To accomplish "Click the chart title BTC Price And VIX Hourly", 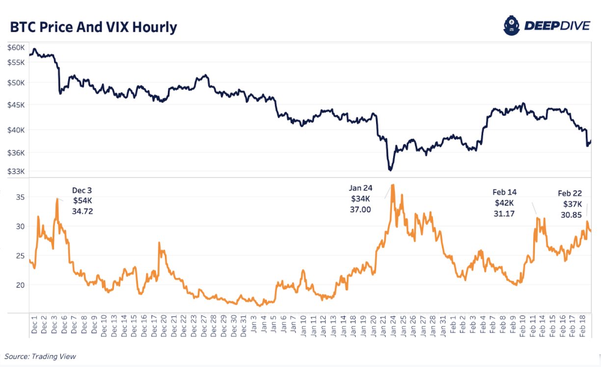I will point(93,27).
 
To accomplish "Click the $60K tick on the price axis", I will point(16,48).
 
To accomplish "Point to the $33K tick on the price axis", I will point(16,171).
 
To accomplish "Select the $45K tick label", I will point(16,105).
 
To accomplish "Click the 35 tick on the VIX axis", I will point(20,197).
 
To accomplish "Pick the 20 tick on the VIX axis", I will point(20,285).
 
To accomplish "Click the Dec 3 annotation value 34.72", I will point(82,211).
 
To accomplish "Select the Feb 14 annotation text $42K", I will point(504,203).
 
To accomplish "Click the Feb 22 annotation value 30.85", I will point(571,215).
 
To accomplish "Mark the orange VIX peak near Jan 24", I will point(392,185).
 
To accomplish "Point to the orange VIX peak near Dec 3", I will point(57,199).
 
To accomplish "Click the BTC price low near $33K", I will point(390,170).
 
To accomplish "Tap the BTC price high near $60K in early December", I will point(34,49).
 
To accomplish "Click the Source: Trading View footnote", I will point(41,356).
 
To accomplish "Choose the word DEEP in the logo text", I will point(543,26).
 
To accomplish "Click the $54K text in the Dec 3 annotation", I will point(82,201).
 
